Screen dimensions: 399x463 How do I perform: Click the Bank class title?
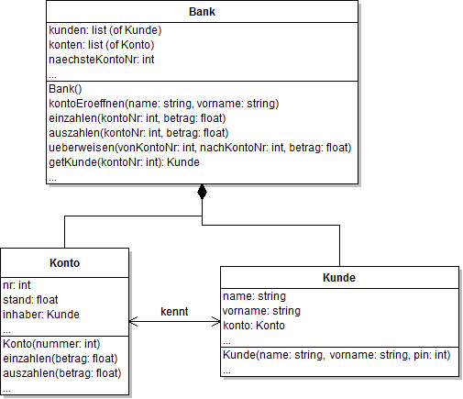point(202,12)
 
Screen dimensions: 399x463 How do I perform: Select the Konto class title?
point(65,262)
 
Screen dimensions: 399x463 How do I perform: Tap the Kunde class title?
point(338,278)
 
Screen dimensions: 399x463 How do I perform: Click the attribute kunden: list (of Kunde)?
point(104,30)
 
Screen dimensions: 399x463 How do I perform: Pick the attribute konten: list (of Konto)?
point(101,45)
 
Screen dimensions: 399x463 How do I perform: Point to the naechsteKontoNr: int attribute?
point(101,60)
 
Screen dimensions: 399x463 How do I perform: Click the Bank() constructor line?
point(65,89)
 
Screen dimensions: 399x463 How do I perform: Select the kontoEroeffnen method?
point(163,104)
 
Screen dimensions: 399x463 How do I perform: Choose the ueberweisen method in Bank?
point(200,148)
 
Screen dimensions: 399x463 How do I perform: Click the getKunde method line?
point(124,162)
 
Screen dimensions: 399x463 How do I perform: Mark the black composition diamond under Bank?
point(202,194)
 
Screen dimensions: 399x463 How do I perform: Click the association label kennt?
point(174,312)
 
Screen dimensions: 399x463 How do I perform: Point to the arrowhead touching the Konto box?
point(135,322)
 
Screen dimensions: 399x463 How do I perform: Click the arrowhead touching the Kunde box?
point(215,322)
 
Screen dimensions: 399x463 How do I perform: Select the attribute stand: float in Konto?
point(28,299)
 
